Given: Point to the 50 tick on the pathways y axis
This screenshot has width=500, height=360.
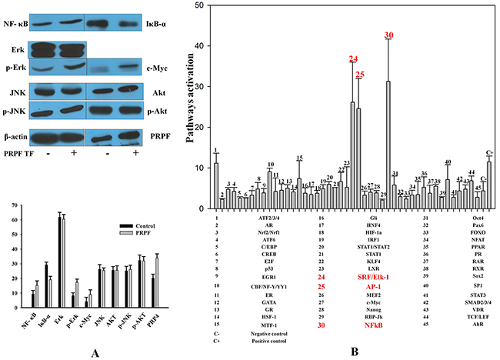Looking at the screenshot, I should [200, 5].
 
